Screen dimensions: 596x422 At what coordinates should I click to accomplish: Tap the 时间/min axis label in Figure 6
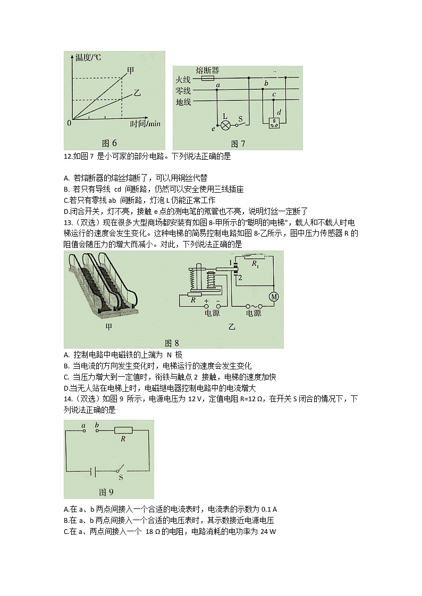145,124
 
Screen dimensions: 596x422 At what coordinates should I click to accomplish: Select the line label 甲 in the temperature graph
131,70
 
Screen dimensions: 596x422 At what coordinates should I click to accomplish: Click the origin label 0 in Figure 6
69,124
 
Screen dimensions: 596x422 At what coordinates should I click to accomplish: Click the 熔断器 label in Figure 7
208,70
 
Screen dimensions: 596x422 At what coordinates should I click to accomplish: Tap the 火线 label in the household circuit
183,79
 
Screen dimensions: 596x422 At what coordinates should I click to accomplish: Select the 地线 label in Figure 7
183,101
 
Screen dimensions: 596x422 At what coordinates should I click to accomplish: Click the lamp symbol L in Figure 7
225,125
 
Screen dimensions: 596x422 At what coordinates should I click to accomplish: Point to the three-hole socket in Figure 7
275,124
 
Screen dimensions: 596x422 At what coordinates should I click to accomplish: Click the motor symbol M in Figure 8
274,297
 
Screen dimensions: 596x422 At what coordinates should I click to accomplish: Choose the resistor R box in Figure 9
123,430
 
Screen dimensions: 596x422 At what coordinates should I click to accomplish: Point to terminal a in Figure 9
83,430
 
